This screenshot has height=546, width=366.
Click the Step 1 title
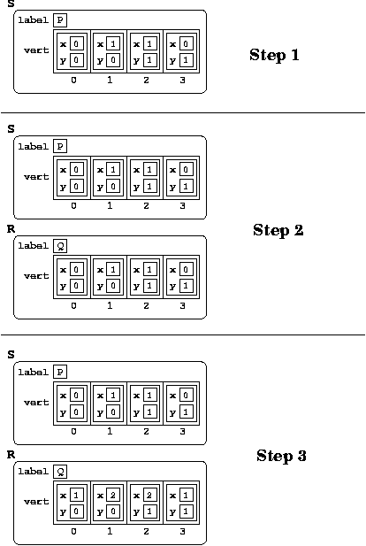[274, 55]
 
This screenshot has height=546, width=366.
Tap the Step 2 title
[278, 230]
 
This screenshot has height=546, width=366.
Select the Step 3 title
[281, 456]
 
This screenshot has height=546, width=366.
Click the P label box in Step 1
[60, 19]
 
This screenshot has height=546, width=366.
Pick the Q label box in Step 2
[60, 246]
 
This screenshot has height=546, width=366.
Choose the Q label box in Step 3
[60, 472]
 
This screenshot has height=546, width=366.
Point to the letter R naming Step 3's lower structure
[11, 455]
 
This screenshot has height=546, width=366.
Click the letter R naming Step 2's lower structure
[11, 229]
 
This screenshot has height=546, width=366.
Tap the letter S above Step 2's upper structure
[11, 129]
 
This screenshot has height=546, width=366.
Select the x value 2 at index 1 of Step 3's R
[113, 495]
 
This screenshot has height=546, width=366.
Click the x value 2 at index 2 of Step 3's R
[149, 495]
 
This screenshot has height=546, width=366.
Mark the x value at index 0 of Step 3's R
[76, 495]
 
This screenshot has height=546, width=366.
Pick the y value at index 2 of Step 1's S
[149, 60]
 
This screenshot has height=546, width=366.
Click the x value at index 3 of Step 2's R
[186, 269]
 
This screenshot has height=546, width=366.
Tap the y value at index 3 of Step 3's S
[186, 412]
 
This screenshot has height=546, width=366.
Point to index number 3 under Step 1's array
[182, 81]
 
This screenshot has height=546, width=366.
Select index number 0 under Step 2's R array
[73, 305]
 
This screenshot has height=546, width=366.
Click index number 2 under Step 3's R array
[146, 531]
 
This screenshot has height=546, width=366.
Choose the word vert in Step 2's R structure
[36, 276]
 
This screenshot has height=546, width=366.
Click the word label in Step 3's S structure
[33, 373]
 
